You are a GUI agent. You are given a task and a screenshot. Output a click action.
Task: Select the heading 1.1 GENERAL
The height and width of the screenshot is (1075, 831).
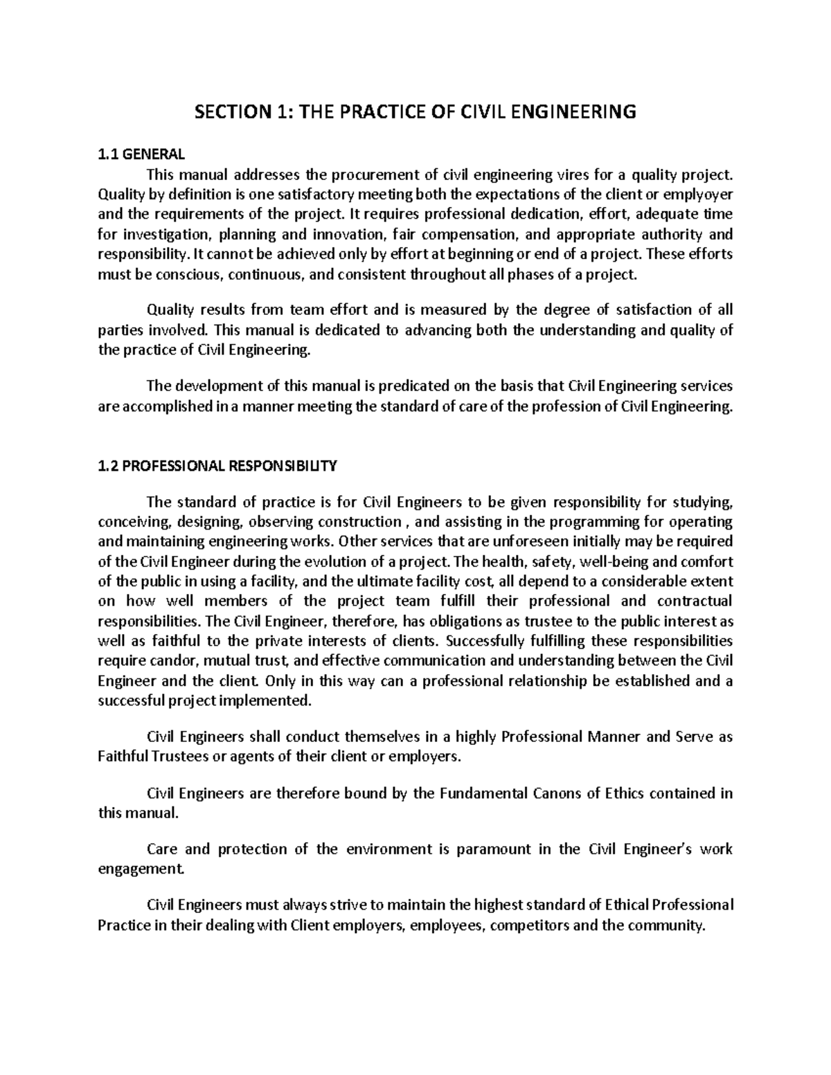142,154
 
